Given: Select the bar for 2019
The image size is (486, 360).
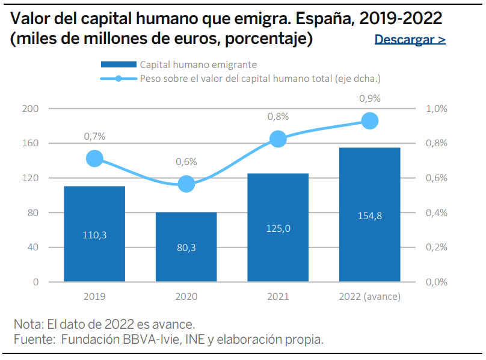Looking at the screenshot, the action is (x=94, y=234).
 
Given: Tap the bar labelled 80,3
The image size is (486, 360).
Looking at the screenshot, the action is (x=186, y=247).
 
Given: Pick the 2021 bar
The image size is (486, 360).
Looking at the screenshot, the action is (x=278, y=228).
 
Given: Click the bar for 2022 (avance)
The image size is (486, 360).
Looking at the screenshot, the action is (x=370, y=215).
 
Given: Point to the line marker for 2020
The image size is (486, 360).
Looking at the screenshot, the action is (x=186, y=184).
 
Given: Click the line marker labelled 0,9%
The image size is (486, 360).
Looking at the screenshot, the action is (x=370, y=121).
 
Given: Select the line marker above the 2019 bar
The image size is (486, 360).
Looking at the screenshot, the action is (x=94, y=158).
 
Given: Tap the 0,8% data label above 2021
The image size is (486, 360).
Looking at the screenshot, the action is (x=278, y=117).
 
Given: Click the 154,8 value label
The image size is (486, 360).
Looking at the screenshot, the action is (x=370, y=216).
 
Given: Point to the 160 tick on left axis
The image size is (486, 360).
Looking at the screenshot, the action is (x=30, y=143).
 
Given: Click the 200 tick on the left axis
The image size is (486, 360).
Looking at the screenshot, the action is (x=30, y=108).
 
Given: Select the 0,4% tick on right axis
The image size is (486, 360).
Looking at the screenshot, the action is (x=437, y=213).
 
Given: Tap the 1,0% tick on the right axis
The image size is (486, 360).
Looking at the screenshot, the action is (x=437, y=108).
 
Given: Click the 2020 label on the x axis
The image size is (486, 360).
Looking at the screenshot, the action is (x=186, y=296).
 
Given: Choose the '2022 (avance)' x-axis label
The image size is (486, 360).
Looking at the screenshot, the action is (x=370, y=297).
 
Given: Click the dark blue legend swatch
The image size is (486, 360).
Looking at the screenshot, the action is (x=118, y=64).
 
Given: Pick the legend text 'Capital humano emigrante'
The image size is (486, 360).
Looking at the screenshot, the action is (x=198, y=64).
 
